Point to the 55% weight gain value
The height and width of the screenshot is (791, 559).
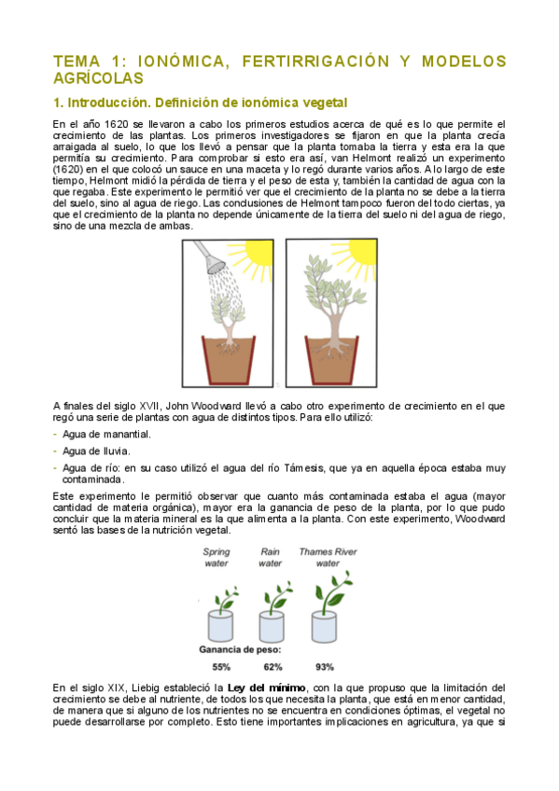pos(221,666)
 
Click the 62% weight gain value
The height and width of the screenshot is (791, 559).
pos(273,666)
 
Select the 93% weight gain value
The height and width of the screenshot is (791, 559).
pos(326,666)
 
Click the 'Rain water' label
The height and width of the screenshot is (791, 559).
pos(271,557)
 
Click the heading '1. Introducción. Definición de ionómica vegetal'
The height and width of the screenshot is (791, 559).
pos(200,102)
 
